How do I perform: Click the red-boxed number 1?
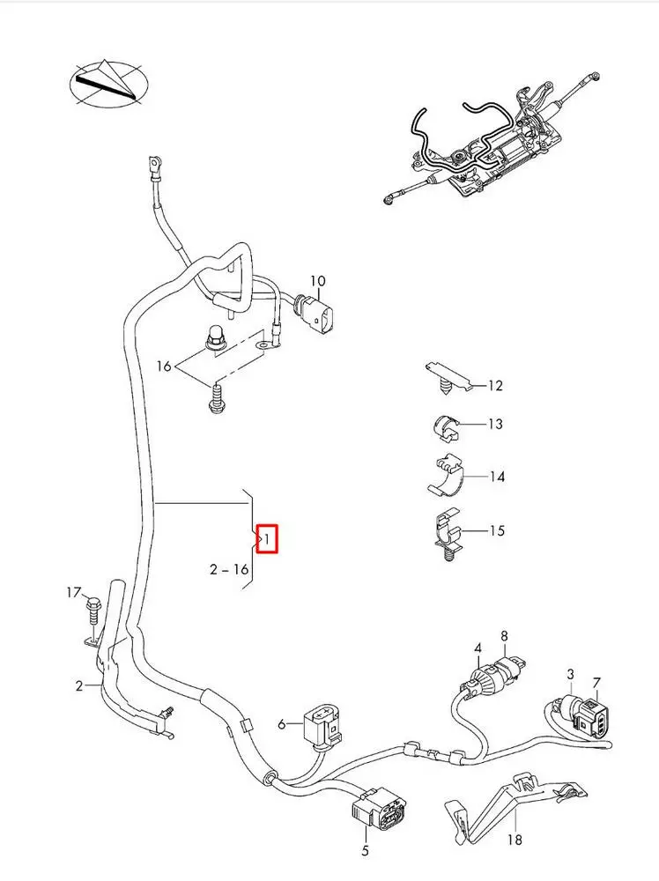(268, 537)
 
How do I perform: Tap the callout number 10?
(317, 281)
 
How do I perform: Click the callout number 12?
(494, 385)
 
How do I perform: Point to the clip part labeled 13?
(447, 426)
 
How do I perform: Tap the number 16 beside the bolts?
(164, 366)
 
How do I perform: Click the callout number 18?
(515, 840)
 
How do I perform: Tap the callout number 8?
(504, 635)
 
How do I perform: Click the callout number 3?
(571, 675)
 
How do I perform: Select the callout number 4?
(478, 649)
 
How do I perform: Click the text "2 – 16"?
(229, 569)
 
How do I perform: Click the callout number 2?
(79, 685)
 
